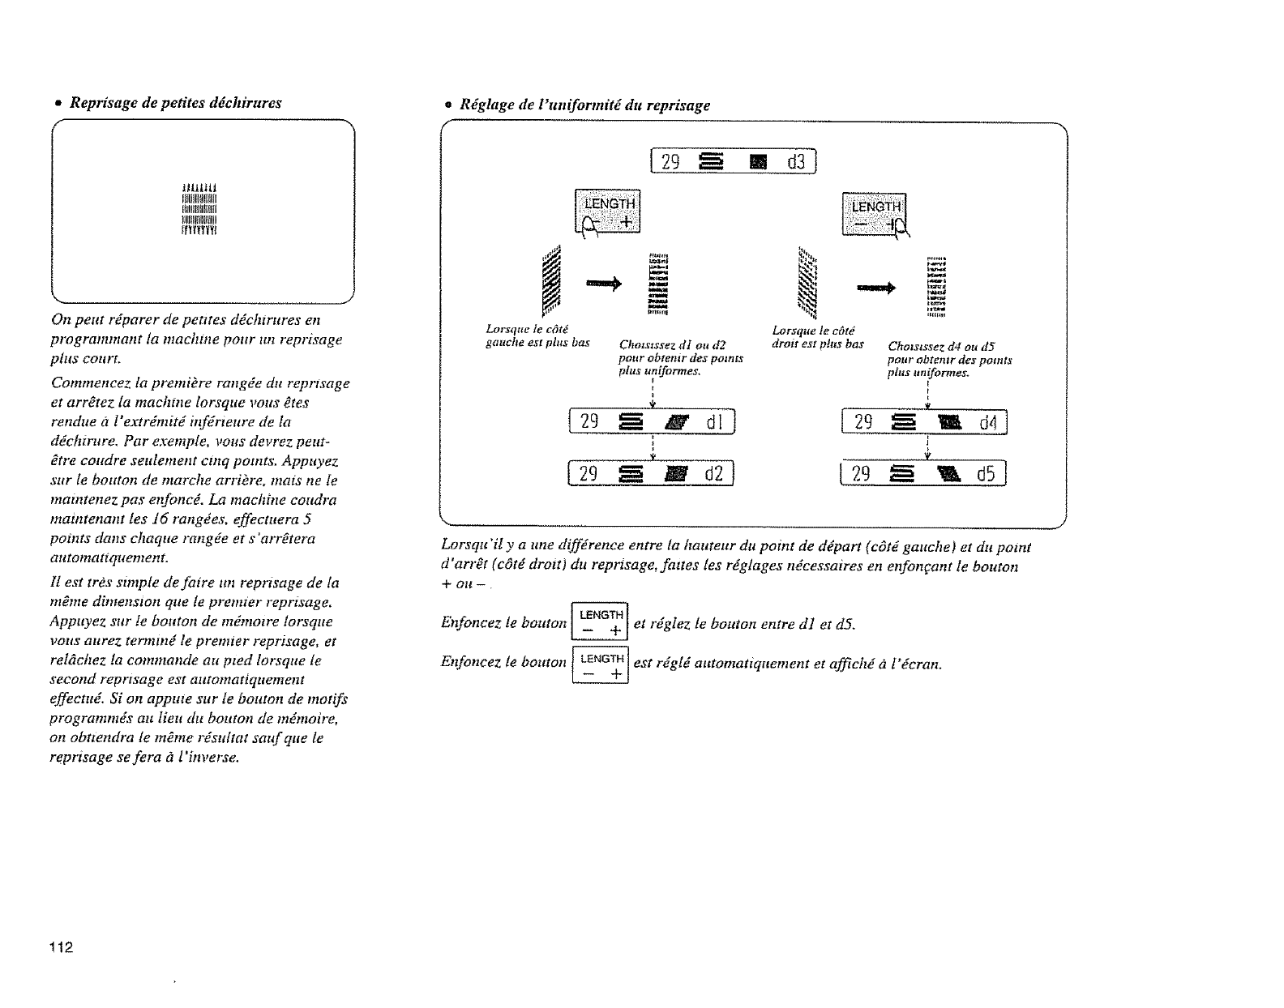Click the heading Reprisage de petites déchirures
click(x=175, y=104)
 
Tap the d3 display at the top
click(x=734, y=162)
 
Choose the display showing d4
click(x=924, y=422)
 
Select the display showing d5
click(x=924, y=473)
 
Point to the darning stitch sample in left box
click(x=200, y=211)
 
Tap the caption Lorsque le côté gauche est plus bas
click(x=535, y=336)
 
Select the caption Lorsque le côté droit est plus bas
click(x=817, y=336)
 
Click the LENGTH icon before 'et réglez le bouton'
click(x=601, y=622)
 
